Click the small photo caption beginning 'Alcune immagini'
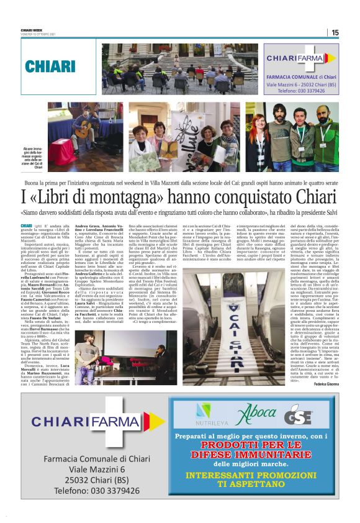click(33, 158)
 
